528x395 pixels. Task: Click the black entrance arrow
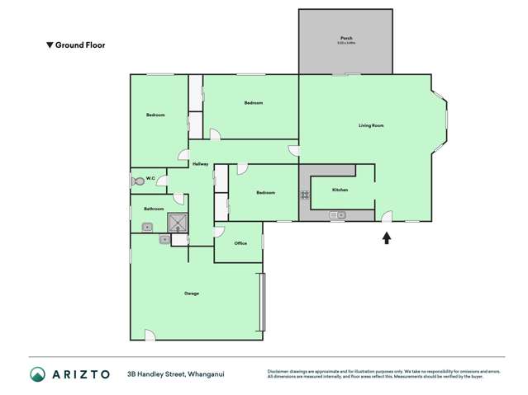click(x=386, y=238)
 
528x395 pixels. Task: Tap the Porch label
click(x=345, y=39)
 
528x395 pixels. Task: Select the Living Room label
click(x=371, y=125)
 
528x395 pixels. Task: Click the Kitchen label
click(x=340, y=190)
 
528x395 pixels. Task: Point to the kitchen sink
click(x=337, y=216)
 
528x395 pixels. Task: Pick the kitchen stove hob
click(x=305, y=195)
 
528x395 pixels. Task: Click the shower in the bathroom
click(x=178, y=222)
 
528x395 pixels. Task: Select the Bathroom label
click(x=154, y=209)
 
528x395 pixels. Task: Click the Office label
click(x=240, y=243)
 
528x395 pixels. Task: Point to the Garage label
click(x=192, y=294)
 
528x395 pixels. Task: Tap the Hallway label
click(x=200, y=164)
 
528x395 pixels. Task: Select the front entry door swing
click(x=386, y=217)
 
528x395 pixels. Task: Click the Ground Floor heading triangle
click(x=50, y=45)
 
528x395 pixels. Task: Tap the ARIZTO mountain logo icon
click(x=38, y=374)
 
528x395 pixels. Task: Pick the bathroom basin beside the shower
click(x=165, y=239)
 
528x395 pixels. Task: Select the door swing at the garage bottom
click(x=150, y=335)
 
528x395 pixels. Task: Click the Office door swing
click(x=219, y=231)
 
